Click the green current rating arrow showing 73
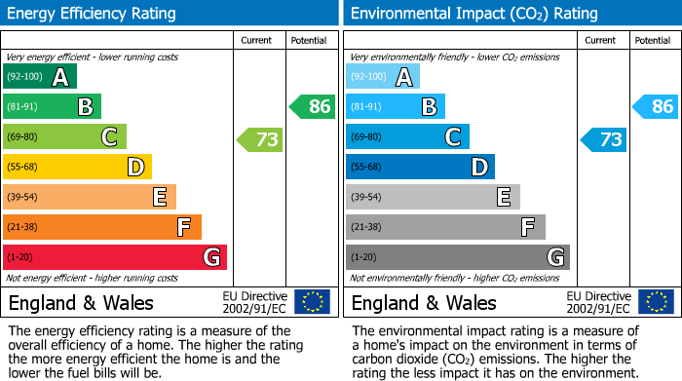click(260, 140)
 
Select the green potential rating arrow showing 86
click(313, 106)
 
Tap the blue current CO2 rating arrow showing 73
click(603, 140)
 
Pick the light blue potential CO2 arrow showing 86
click(656, 106)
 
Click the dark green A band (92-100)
click(40, 77)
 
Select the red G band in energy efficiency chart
click(115, 257)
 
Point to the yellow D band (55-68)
click(77, 167)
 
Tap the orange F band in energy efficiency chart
click(102, 227)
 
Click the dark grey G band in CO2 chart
click(457, 257)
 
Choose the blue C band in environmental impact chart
click(407, 137)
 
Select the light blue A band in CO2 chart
click(383, 77)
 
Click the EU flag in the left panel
click(312, 302)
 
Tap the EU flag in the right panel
click(655, 302)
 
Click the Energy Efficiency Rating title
click(93, 14)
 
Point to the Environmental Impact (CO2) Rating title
click(474, 14)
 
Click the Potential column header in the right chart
click(653, 40)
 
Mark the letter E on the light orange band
click(159, 198)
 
